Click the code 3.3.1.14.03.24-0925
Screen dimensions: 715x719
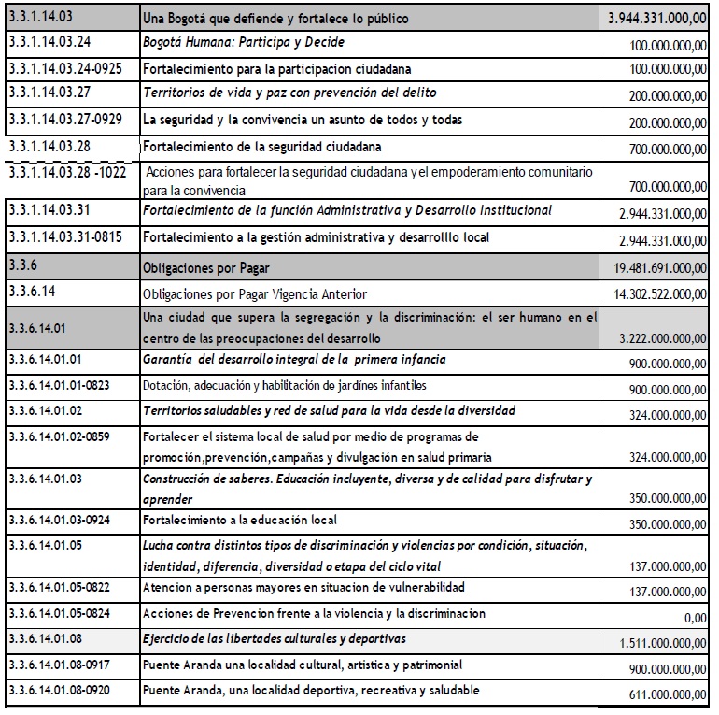click(x=70, y=69)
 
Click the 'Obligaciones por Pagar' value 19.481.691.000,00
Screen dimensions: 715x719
click(x=652, y=268)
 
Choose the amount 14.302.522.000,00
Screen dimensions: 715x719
click(x=654, y=294)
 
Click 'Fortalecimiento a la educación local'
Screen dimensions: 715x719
click(x=240, y=520)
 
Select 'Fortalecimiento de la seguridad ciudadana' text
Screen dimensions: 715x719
click(x=261, y=147)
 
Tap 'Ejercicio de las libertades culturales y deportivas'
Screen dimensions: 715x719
click(x=274, y=639)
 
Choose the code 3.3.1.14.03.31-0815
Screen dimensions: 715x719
click(x=70, y=238)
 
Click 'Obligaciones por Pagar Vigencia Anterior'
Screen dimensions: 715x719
click(x=255, y=293)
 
